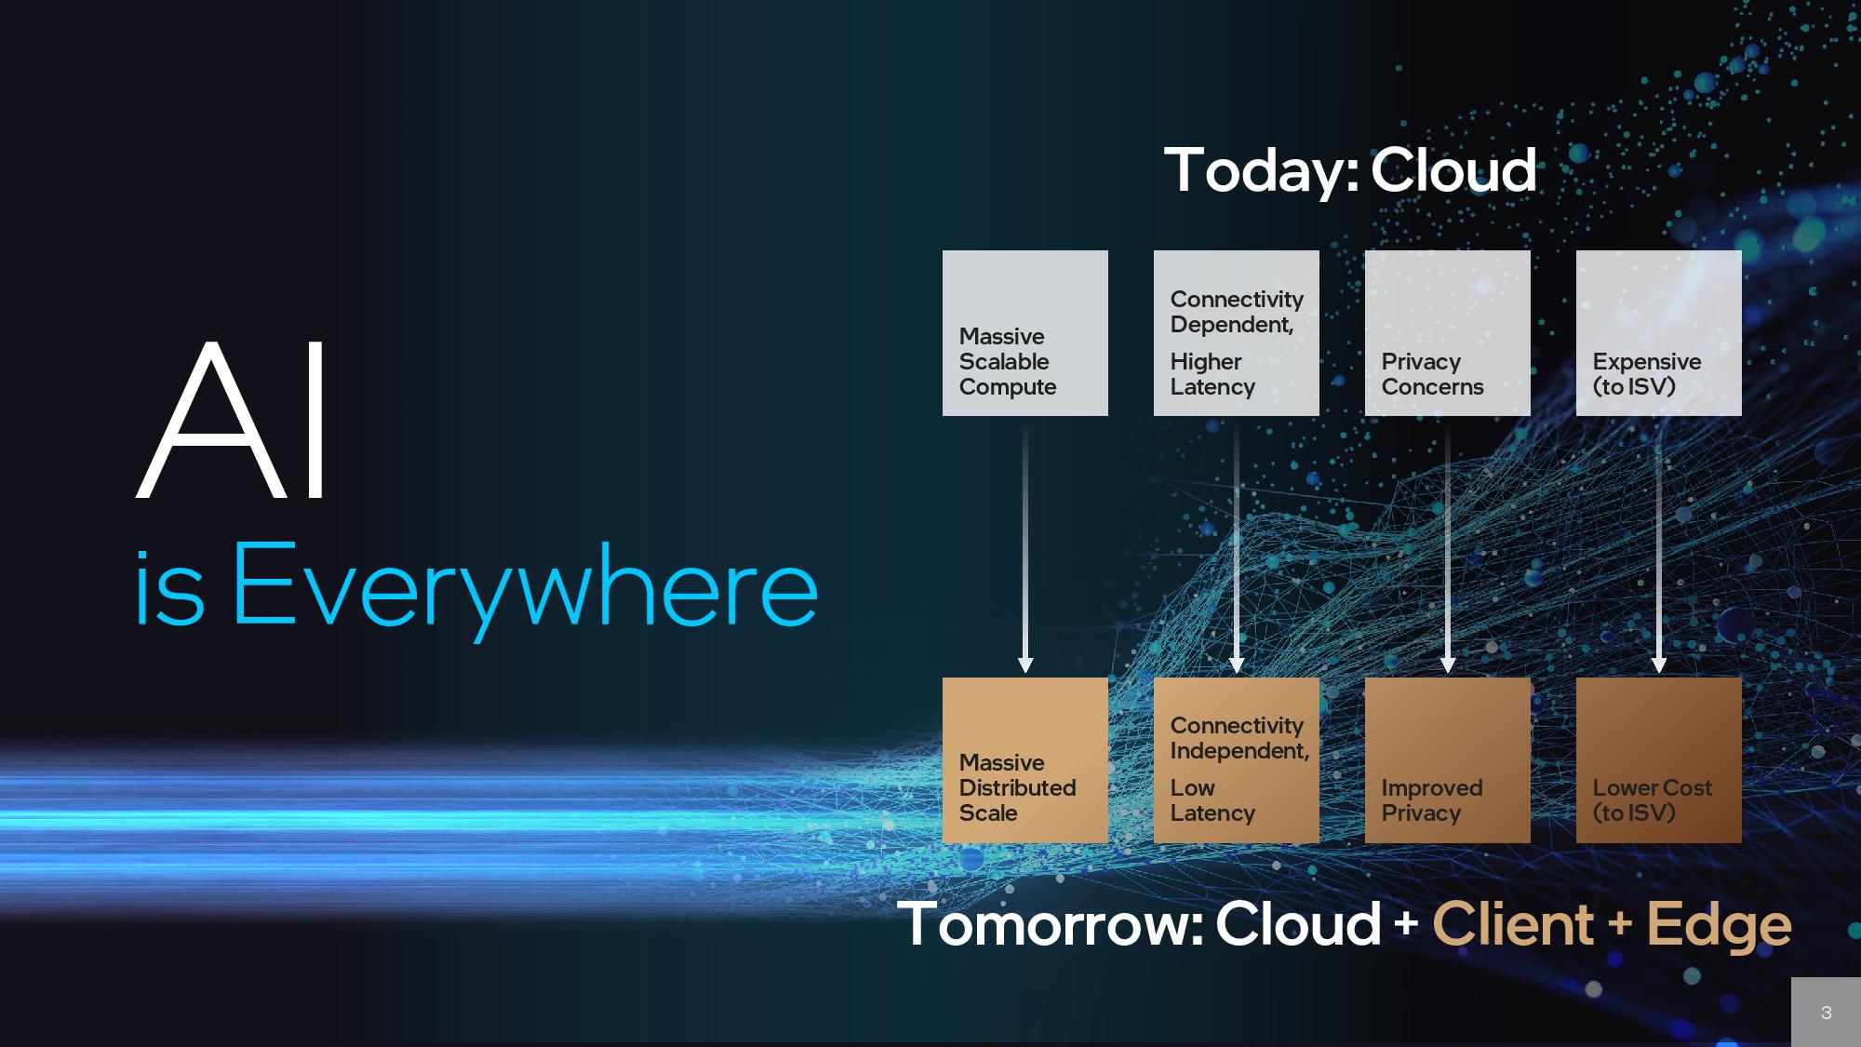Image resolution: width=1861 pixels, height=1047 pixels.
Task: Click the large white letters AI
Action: click(233, 421)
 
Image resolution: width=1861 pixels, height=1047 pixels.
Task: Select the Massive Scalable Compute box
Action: click(1024, 332)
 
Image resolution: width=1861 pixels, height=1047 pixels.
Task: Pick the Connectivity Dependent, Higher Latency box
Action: click(1236, 332)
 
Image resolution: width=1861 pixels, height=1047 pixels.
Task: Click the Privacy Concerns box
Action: click(1447, 332)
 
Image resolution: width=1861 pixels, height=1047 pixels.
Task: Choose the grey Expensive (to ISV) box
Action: click(1658, 332)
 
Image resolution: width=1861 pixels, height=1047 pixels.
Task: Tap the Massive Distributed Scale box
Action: click(1024, 760)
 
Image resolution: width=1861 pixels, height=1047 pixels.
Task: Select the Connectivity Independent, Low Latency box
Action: click(1236, 760)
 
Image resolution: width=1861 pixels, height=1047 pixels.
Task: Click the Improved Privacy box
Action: click(1447, 760)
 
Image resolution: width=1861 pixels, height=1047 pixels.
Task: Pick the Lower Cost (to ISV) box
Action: click(1658, 760)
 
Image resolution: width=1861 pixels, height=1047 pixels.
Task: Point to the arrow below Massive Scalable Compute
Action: click(1024, 549)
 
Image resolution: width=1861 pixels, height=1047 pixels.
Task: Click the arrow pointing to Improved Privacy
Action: click(1447, 549)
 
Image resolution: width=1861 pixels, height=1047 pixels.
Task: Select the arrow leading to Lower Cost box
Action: click(1658, 549)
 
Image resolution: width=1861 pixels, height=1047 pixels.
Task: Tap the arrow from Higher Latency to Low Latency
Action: click(1236, 549)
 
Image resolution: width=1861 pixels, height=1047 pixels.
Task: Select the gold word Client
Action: click(1512, 924)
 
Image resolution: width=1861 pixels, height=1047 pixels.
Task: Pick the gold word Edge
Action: click(1719, 926)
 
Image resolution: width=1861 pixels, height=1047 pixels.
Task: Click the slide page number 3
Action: click(1826, 1013)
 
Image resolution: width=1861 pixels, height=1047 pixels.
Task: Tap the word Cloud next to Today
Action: click(1453, 170)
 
